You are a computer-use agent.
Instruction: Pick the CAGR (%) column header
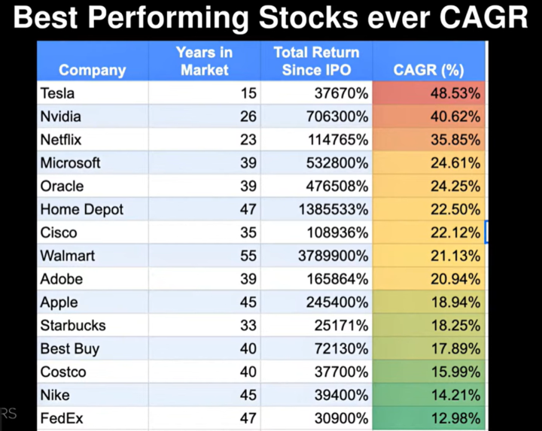coord(428,71)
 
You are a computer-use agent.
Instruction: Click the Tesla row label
coord(59,93)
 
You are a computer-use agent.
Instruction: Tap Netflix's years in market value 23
coord(248,140)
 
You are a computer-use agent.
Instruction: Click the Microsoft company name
coord(70,163)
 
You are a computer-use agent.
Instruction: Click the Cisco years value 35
coord(248,233)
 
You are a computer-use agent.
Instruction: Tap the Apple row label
coord(59,302)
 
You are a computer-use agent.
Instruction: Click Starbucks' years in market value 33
coord(248,326)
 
